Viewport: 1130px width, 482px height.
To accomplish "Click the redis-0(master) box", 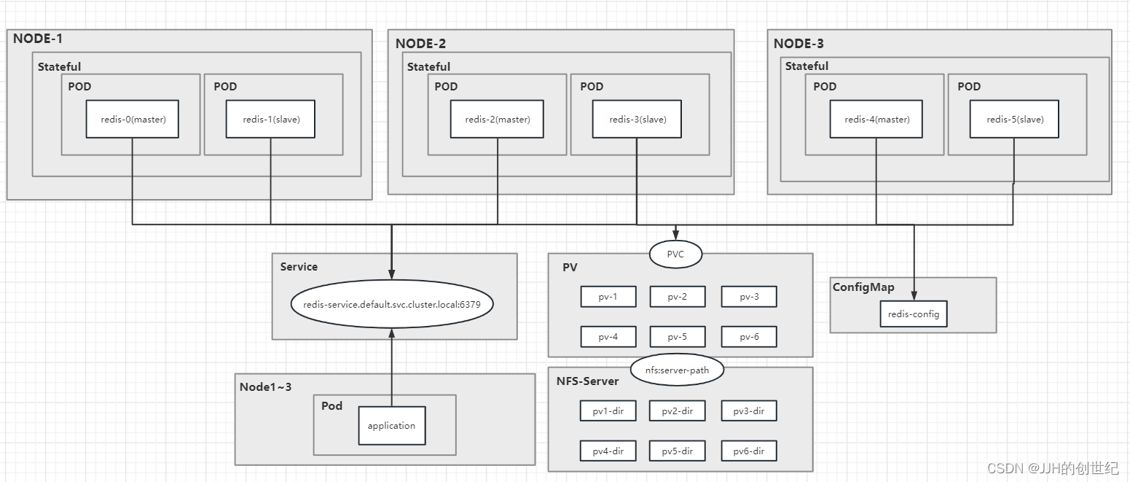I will (133, 119).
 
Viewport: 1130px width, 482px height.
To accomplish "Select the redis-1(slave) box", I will (270, 119).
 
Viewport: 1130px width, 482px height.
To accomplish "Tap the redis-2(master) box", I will (498, 119).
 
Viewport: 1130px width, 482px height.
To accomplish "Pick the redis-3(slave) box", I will (637, 119).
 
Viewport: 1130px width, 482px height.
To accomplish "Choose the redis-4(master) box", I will (876, 119).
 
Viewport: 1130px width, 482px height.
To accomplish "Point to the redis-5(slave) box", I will (1014, 119).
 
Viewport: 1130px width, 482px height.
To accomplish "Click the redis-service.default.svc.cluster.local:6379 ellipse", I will (392, 304).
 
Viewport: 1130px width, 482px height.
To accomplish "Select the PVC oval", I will (675, 254).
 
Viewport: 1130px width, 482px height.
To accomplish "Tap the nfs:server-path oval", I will (677, 370).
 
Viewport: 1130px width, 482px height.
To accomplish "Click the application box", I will (391, 425).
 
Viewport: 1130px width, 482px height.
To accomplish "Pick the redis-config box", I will (913, 314).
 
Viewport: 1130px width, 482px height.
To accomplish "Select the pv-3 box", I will (749, 297).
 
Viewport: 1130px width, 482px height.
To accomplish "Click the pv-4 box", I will (608, 337).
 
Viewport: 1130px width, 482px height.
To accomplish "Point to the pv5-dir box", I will (678, 451).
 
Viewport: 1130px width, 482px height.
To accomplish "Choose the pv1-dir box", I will (608, 411).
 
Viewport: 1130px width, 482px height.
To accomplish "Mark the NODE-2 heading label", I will (420, 43).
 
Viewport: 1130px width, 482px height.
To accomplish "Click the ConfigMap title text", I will (863, 287).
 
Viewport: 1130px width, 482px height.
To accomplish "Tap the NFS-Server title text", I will (587, 381).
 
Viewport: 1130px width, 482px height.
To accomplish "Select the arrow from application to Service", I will (392, 368).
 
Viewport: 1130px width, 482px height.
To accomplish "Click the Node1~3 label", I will (265, 386).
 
